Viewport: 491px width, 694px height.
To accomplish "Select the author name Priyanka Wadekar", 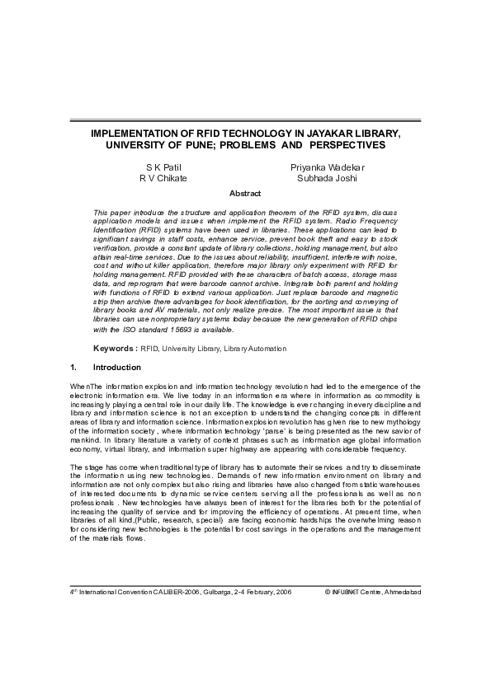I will [x=328, y=166].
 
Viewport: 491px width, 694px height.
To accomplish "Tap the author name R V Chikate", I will [x=162, y=177].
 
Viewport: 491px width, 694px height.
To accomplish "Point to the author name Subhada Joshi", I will [x=328, y=177].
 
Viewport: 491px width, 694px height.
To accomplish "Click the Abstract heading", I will [x=245, y=194].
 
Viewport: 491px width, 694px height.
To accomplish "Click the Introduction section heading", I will [x=117, y=368].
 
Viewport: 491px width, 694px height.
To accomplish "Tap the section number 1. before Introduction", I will [x=74, y=368].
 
